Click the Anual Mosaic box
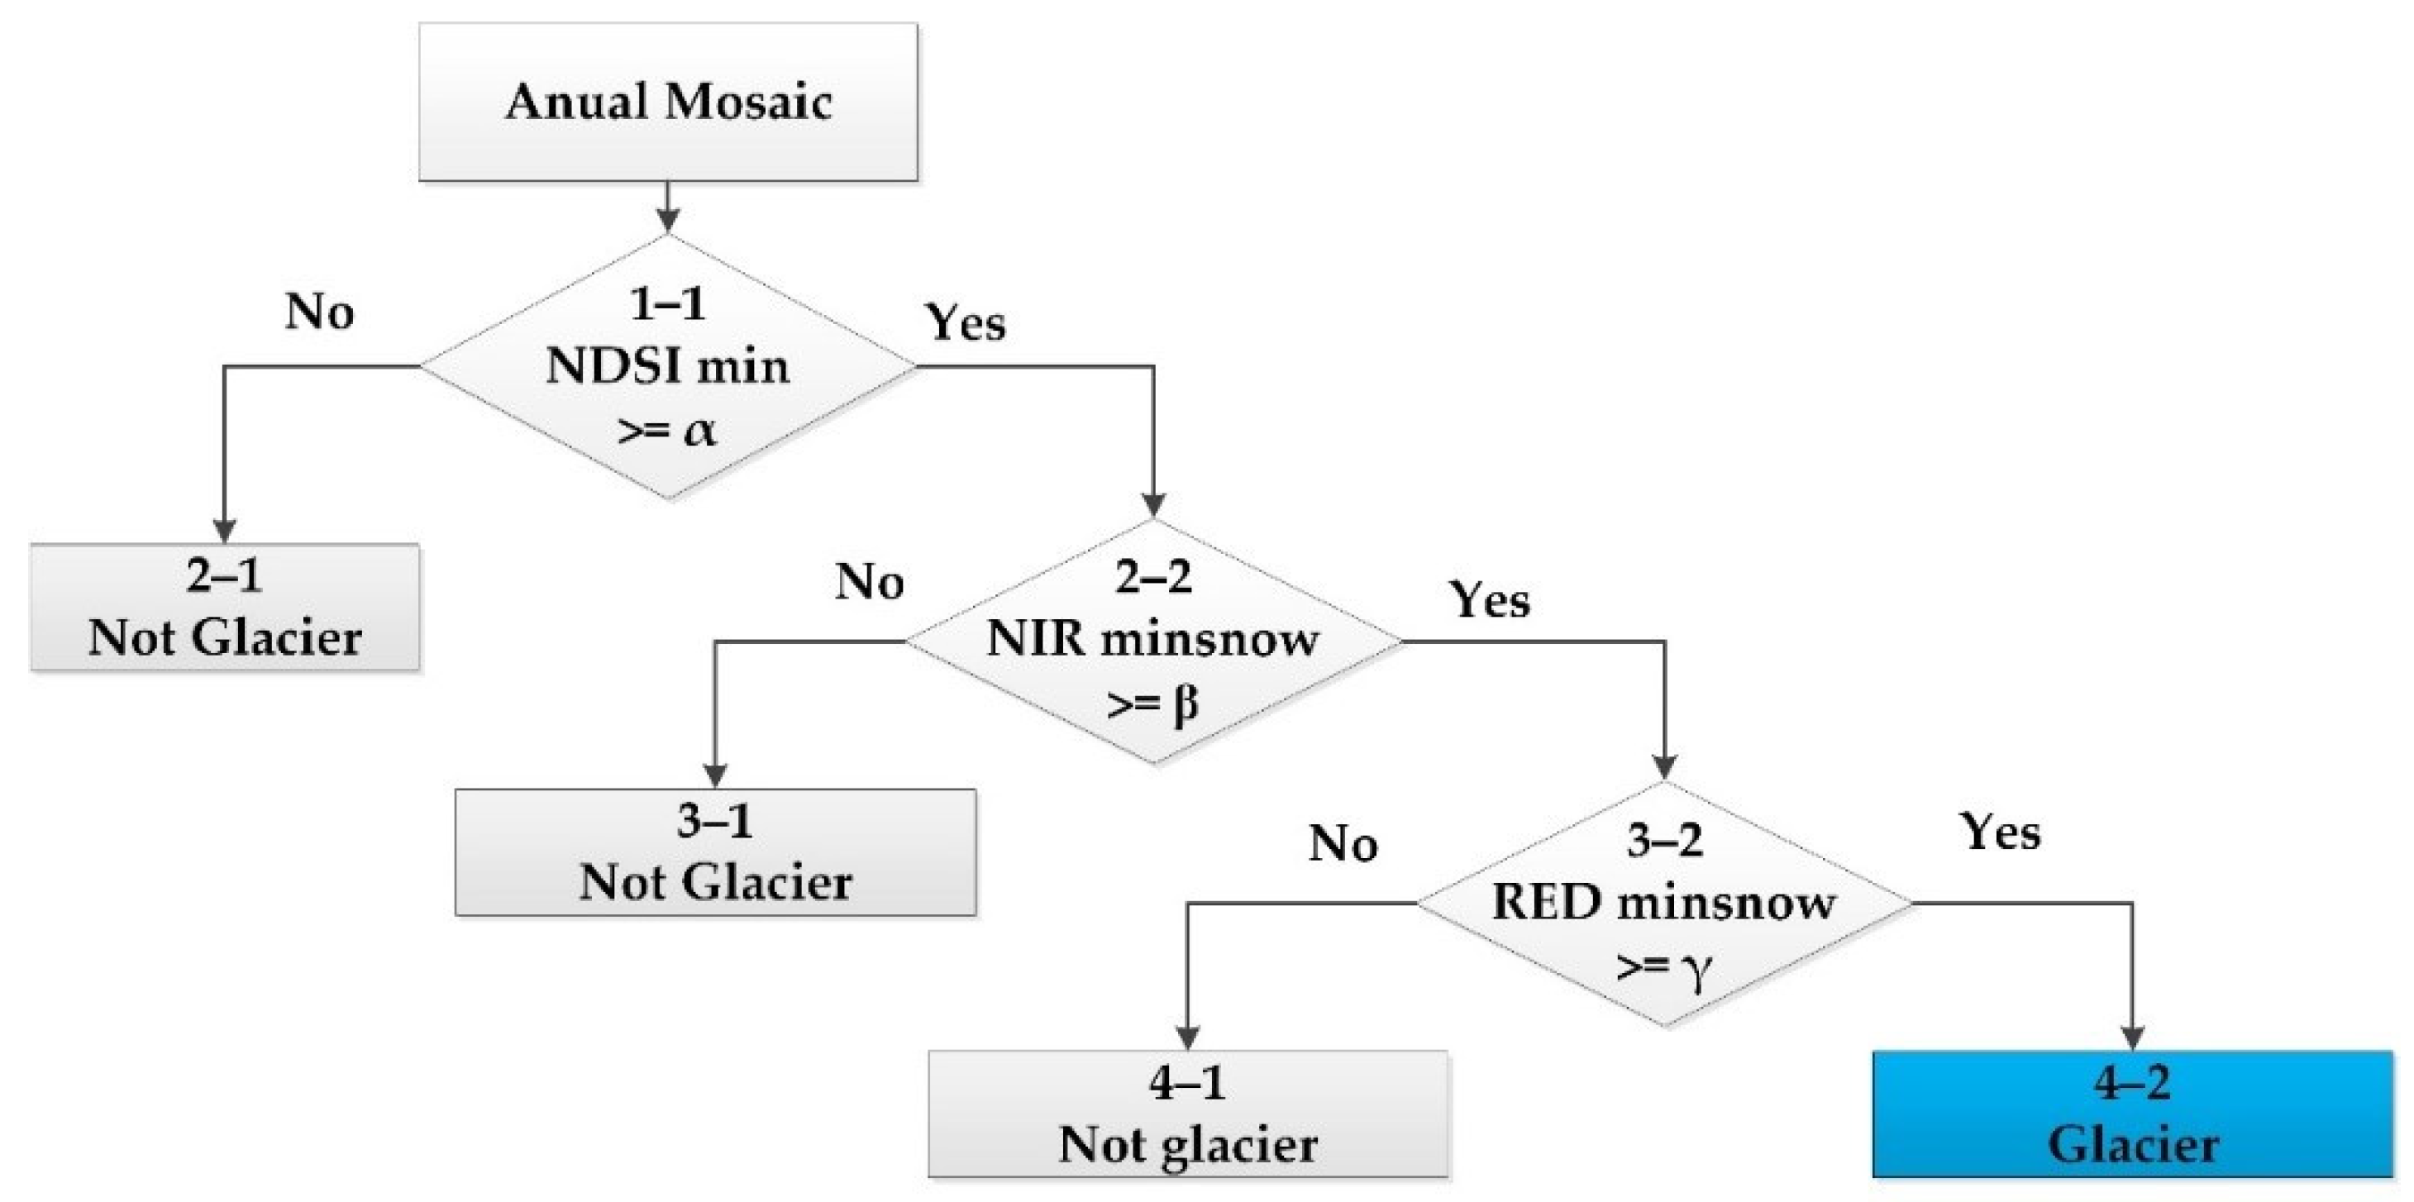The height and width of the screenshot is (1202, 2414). (x=667, y=101)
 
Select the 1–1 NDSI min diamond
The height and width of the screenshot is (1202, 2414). (x=667, y=366)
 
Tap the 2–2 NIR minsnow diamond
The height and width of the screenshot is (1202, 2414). (x=1153, y=641)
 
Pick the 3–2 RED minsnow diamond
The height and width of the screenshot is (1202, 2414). (x=1663, y=903)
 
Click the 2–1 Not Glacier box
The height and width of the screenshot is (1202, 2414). (x=225, y=607)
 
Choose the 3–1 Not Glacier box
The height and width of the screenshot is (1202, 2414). (x=715, y=851)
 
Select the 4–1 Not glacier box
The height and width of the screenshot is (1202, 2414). (x=1187, y=1113)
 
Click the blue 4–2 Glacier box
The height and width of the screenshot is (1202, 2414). (x=2132, y=1113)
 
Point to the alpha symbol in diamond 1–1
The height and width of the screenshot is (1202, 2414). (x=699, y=431)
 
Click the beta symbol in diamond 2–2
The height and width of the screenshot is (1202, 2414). (x=1185, y=704)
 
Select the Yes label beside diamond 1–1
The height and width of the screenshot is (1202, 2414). (x=966, y=323)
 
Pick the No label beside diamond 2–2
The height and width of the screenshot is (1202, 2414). (x=869, y=582)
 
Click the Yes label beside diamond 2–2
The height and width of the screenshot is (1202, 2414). (x=1489, y=599)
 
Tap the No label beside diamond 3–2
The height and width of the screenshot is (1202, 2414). (x=1343, y=844)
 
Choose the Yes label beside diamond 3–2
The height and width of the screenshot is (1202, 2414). (x=2000, y=832)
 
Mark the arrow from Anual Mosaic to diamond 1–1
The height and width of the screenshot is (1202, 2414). (x=667, y=206)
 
